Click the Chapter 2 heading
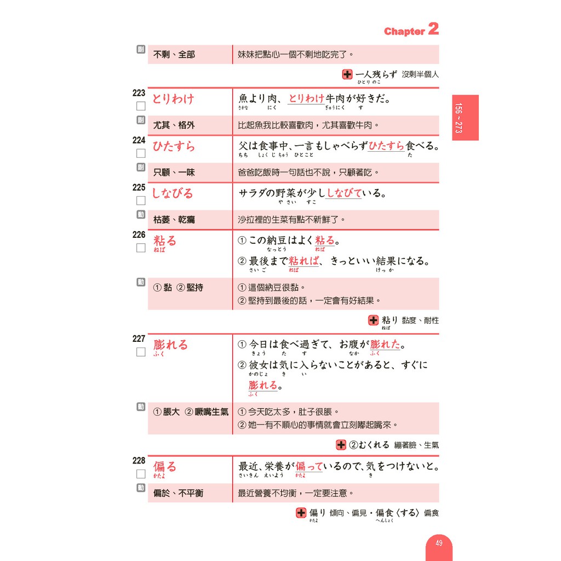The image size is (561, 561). (x=411, y=30)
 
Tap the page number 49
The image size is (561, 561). (x=439, y=543)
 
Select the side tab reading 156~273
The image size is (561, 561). (x=465, y=117)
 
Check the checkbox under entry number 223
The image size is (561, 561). (x=141, y=106)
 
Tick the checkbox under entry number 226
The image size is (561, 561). (x=141, y=248)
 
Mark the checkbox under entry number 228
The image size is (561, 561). (x=141, y=474)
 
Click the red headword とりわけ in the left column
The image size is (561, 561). (x=173, y=99)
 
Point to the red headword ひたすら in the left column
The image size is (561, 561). (x=173, y=146)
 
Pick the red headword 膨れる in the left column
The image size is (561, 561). (x=170, y=345)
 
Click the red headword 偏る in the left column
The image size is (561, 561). (x=165, y=467)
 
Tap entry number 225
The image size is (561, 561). (x=139, y=187)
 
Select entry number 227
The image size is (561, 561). (x=139, y=339)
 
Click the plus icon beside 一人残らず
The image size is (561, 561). (x=347, y=75)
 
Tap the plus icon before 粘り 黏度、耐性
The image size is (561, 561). (x=374, y=320)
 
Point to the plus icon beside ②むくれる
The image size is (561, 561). (x=341, y=445)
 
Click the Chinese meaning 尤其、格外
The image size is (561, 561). (x=174, y=125)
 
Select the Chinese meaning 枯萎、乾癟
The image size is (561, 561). (x=174, y=220)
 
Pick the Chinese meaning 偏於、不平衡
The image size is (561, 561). (x=178, y=493)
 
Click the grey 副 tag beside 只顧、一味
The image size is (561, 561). (x=141, y=167)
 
